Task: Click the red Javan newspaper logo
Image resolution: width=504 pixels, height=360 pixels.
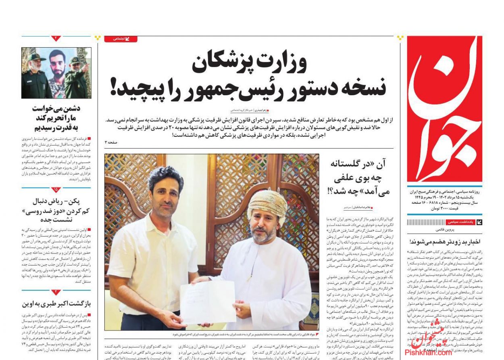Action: click(x=444, y=109)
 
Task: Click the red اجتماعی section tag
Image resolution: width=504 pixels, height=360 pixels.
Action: click(x=121, y=39)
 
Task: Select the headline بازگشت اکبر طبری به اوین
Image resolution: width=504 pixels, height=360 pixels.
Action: click(x=56, y=303)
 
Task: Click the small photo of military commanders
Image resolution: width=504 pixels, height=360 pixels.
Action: click(x=56, y=73)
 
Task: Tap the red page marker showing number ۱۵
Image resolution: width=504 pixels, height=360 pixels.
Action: click(x=56, y=190)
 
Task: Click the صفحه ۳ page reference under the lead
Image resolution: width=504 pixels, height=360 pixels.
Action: click(x=111, y=142)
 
